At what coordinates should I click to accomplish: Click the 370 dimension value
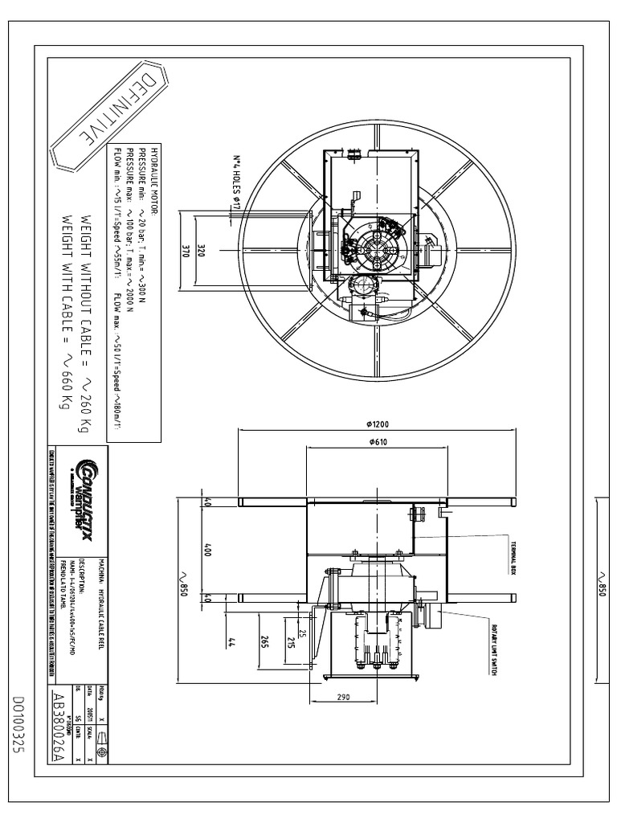185,251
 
